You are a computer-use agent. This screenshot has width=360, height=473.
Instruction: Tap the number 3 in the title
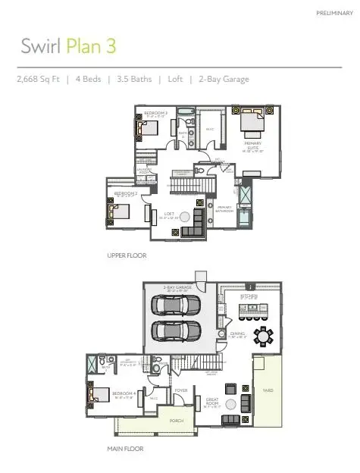111,45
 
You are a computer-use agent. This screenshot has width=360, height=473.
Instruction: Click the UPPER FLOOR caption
126,256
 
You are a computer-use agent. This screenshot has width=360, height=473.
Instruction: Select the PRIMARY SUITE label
252,144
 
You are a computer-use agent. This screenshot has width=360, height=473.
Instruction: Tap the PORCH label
175,421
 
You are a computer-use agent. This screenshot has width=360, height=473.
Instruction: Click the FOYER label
180,391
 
